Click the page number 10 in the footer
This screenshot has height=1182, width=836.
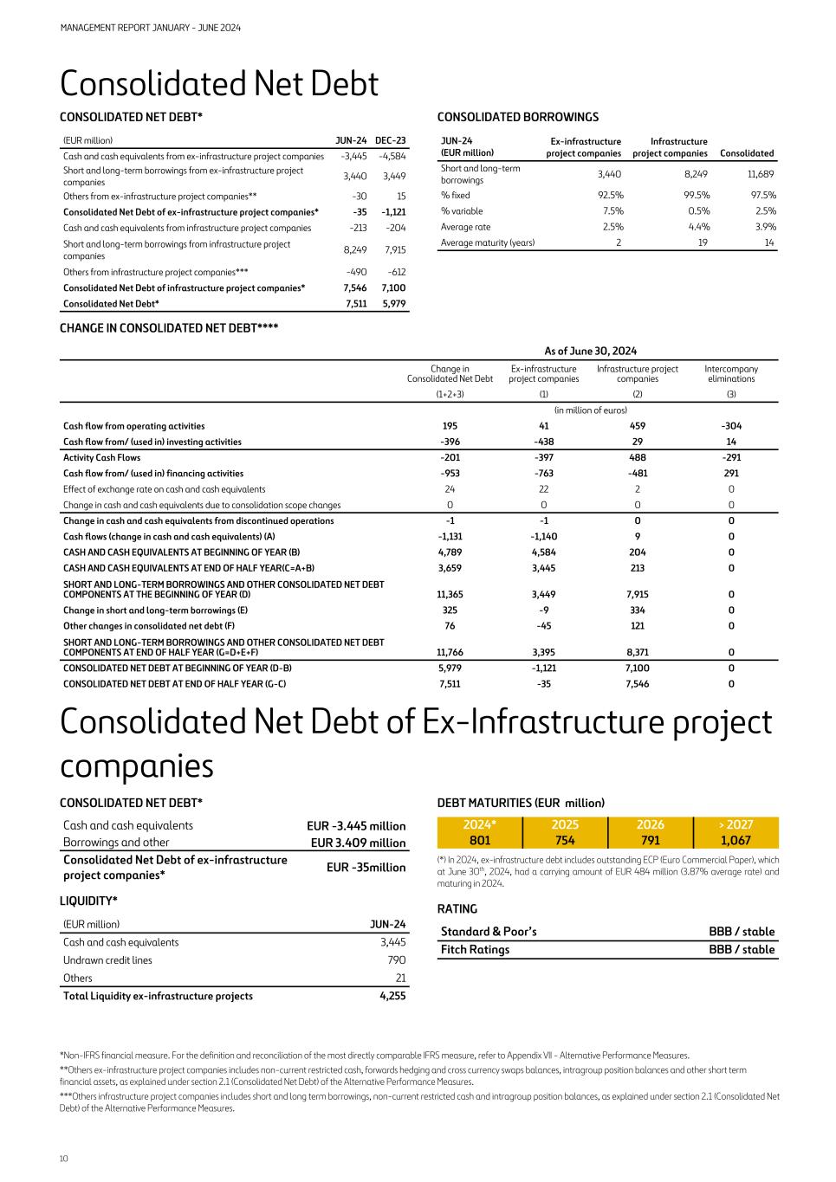(x=64, y=1159)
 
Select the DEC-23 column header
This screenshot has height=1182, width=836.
(x=391, y=140)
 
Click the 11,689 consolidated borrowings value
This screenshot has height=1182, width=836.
(x=761, y=174)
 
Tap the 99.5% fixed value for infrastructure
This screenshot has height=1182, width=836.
(x=697, y=195)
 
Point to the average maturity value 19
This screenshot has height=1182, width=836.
(x=703, y=242)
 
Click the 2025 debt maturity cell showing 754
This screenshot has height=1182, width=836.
(x=565, y=832)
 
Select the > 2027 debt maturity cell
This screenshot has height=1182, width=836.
(x=736, y=832)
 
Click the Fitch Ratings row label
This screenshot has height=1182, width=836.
(x=475, y=949)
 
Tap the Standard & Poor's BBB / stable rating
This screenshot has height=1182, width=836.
(x=742, y=932)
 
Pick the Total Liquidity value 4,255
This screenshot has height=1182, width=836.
(x=392, y=996)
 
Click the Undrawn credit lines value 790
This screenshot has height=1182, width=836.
(x=397, y=959)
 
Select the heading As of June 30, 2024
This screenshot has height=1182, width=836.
(x=591, y=351)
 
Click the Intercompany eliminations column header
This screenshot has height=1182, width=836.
(x=731, y=373)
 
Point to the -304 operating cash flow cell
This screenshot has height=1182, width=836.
(x=731, y=426)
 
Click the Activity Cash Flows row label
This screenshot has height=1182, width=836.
(x=102, y=457)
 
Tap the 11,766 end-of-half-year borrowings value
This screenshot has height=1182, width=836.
(x=450, y=652)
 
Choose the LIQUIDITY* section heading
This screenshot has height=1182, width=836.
(x=88, y=901)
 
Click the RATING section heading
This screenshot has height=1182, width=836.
(x=457, y=908)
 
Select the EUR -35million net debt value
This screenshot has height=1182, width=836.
(x=366, y=868)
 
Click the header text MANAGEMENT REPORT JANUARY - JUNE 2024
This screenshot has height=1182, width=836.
(x=151, y=28)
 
